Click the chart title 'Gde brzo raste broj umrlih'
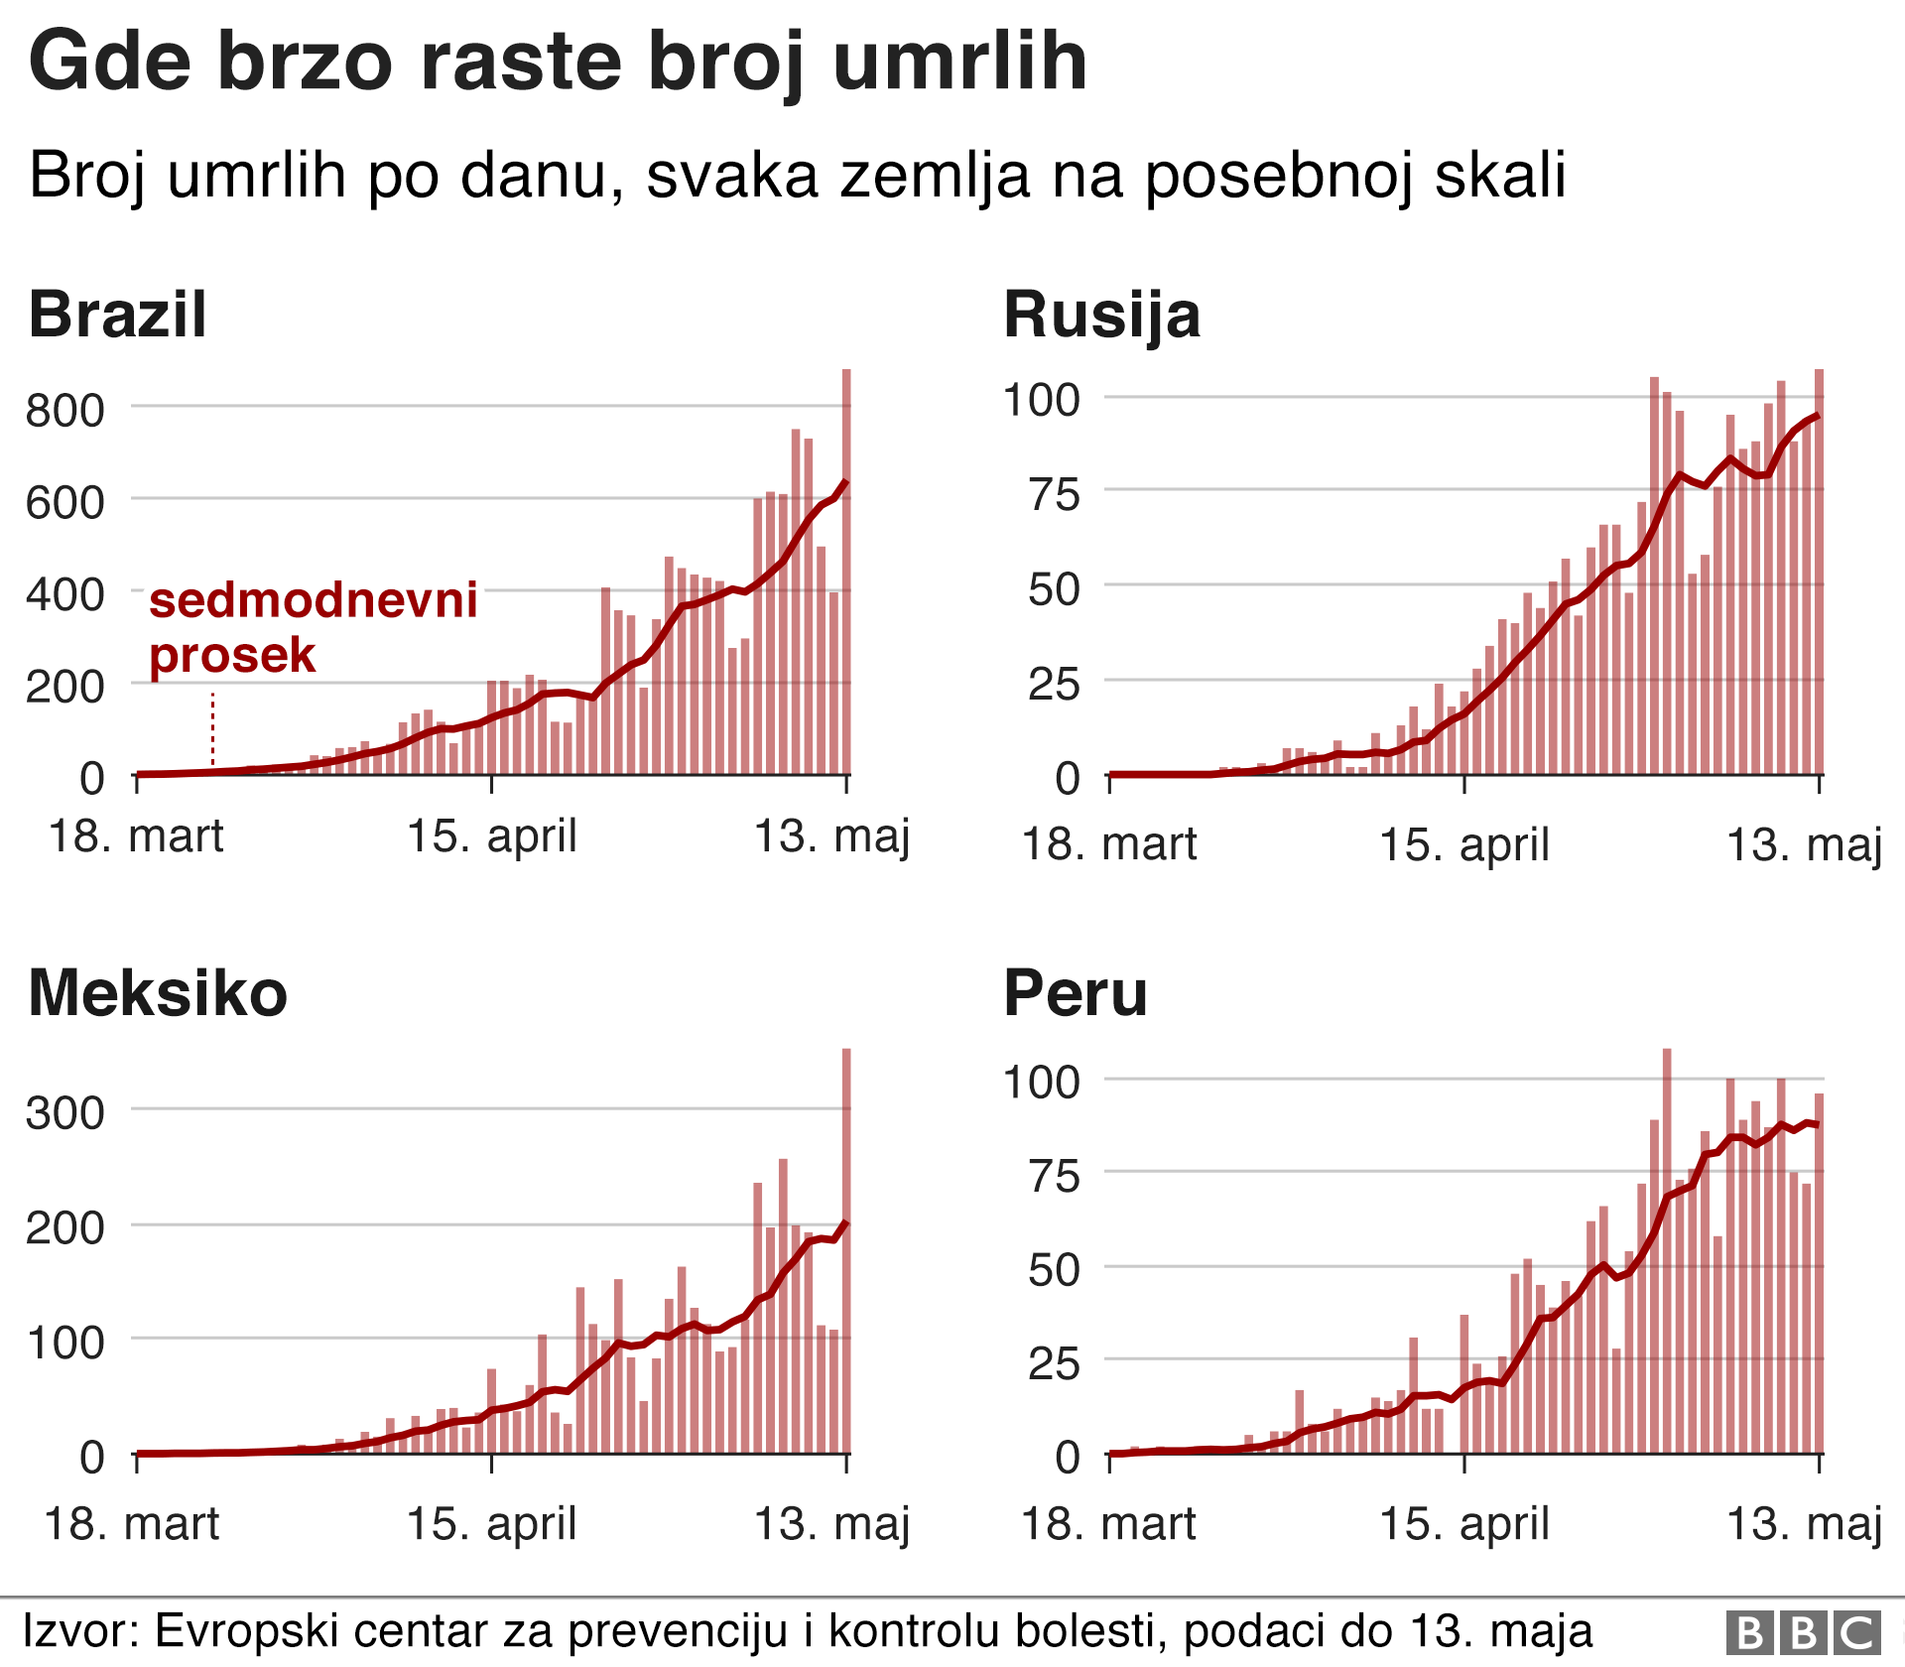(558, 62)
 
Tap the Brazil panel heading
(117, 315)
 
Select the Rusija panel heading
(1101, 315)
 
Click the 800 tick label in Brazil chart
(64, 410)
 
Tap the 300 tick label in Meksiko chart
(64, 1113)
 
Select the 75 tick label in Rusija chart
(1054, 494)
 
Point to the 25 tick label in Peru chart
(1054, 1364)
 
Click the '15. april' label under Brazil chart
(492, 835)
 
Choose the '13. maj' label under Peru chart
(1804, 1523)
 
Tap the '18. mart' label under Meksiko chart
(132, 1523)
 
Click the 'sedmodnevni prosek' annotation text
(313, 627)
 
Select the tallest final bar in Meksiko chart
(846, 1250)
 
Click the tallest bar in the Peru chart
(1667, 1250)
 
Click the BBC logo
(1803, 1632)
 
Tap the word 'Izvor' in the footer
(81, 1631)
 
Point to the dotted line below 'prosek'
(212, 729)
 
